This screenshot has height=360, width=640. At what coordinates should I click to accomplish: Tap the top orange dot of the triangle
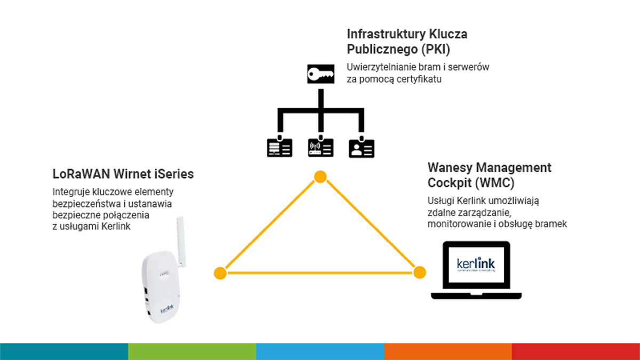click(x=319, y=177)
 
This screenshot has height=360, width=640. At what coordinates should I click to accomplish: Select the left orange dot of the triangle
click(x=220, y=273)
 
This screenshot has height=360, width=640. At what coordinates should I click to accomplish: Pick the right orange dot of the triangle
click(x=420, y=272)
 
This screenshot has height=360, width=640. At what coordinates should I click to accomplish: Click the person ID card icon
click(x=361, y=148)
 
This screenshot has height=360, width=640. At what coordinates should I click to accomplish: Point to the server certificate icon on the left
click(x=279, y=148)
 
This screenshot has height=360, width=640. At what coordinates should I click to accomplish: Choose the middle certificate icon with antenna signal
click(x=321, y=148)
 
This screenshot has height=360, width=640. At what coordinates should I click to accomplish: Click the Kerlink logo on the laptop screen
click(x=476, y=265)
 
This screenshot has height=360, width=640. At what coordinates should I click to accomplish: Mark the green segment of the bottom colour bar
click(x=192, y=351)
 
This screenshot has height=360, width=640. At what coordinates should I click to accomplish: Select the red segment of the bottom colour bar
click(x=576, y=351)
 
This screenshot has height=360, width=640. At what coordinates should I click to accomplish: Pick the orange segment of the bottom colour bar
click(x=448, y=351)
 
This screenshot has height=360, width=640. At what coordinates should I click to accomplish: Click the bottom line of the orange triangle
click(x=320, y=273)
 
